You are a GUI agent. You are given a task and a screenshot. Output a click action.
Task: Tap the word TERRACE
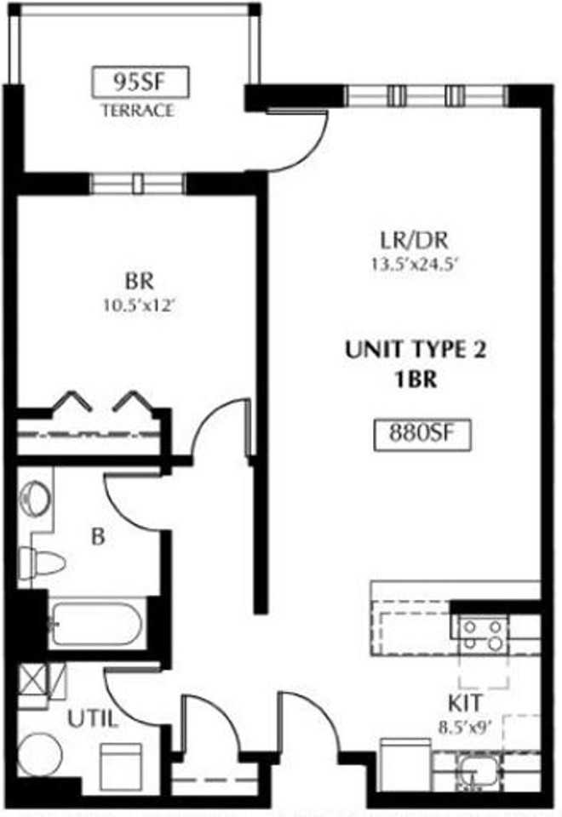pos(137,110)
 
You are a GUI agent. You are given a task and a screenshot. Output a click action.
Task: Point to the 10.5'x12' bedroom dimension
pos(137,305)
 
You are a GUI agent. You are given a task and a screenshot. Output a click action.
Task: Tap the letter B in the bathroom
pos(99,537)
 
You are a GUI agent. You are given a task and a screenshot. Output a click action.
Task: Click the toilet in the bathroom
pos(43,561)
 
